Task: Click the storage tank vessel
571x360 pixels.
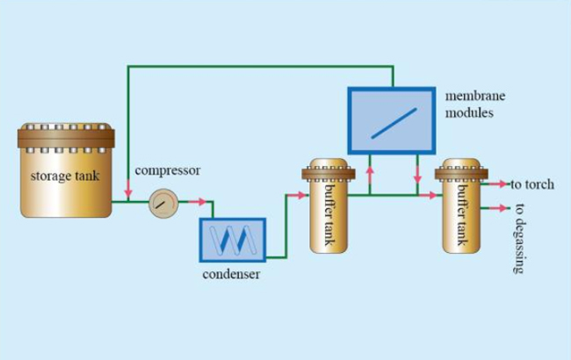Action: (x=66, y=172)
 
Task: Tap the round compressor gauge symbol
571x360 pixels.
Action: (x=162, y=203)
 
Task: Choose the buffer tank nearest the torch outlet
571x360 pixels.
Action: (x=461, y=205)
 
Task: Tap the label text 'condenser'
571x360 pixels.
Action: (x=231, y=275)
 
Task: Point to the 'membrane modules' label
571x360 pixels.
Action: (x=474, y=103)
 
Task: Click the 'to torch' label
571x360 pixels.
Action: (x=532, y=184)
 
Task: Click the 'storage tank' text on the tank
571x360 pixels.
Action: (x=65, y=176)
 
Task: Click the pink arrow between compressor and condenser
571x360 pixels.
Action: (x=200, y=203)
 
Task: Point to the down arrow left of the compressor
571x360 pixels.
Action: (x=128, y=189)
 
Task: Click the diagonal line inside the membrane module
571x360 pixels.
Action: (x=392, y=120)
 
